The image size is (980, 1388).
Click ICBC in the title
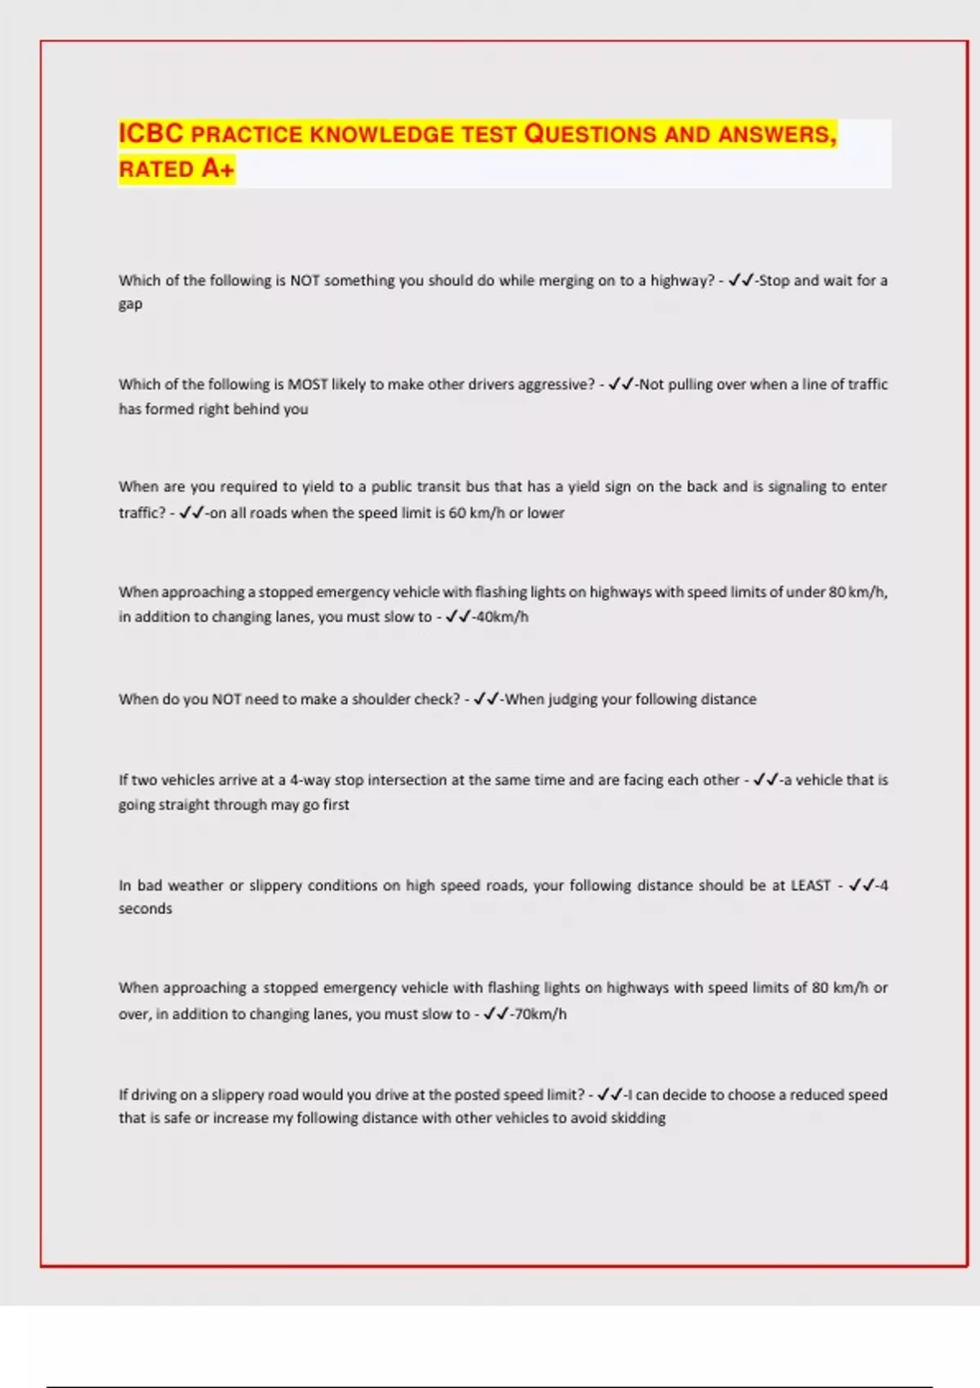coord(151,133)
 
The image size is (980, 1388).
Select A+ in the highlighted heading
coord(218,169)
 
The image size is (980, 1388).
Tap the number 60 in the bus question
coord(457,513)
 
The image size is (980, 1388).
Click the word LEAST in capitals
coord(810,885)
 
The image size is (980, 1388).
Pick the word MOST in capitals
coord(307,385)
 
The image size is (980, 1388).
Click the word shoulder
coord(381,699)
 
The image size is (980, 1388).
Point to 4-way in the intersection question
coord(310,780)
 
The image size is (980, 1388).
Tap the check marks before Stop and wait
coord(741,280)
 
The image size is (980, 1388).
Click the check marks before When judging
coord(486,699)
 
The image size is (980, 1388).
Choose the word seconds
coord(145,909)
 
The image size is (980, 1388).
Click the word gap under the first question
coord(130,305)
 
